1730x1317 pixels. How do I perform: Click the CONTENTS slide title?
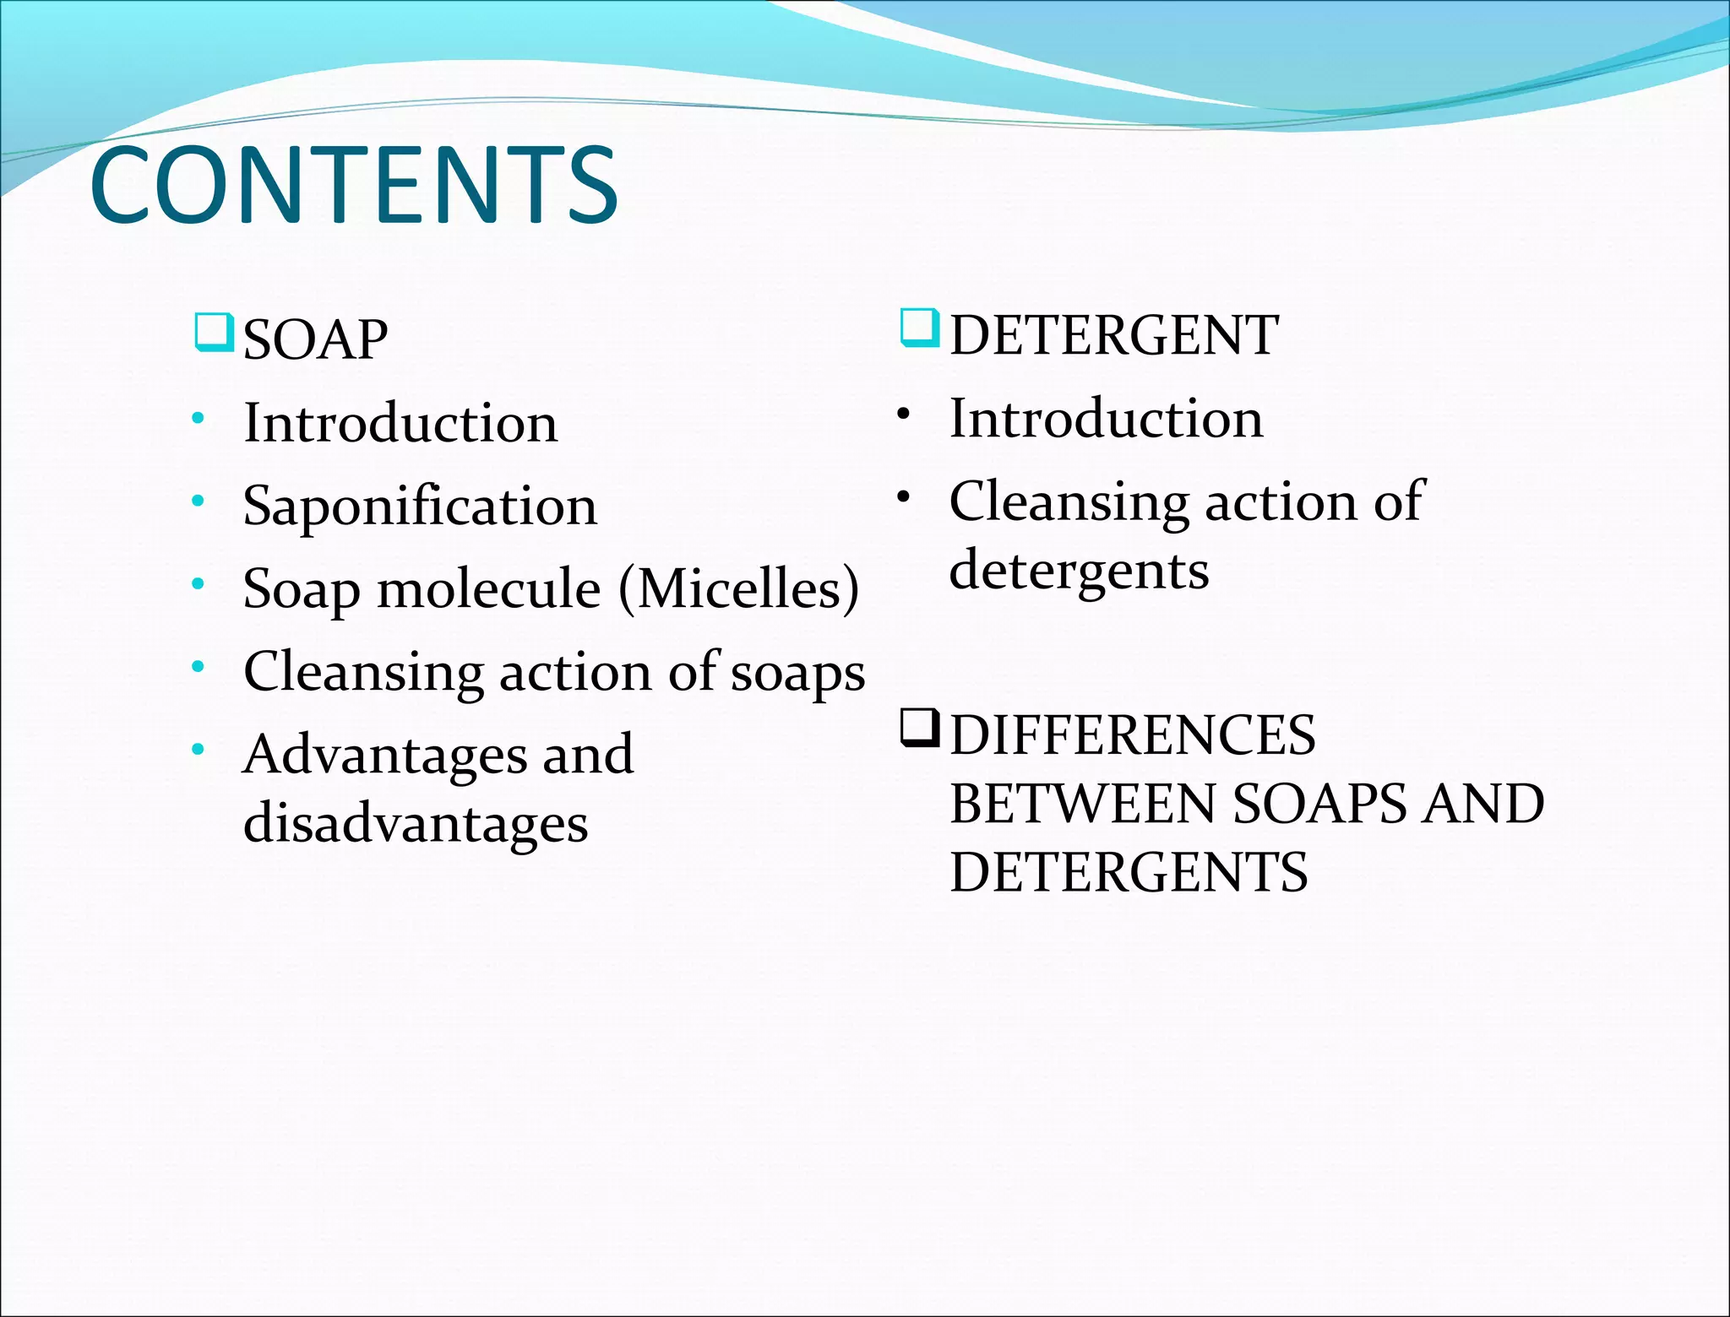pos(355,186)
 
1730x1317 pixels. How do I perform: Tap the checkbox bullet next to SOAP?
pos(214,332)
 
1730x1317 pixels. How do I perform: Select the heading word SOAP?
pos(315,340)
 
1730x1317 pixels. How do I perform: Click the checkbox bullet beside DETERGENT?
pos(919,328)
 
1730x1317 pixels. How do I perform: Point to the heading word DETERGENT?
pos(1113,336)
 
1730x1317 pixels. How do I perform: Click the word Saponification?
pos(420,507)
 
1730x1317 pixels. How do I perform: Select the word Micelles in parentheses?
pos(739,588)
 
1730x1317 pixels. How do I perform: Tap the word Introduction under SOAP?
pos(400,423)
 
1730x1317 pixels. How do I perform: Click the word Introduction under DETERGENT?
pos(1106,419)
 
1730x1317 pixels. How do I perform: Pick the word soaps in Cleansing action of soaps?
pos(797,673)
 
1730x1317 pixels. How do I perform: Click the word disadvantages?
pos(416,824)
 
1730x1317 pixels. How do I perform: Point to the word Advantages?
pos(385,755)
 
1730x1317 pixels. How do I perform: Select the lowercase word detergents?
pos(1079,572)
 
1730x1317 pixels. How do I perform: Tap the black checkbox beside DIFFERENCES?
pos(919,728)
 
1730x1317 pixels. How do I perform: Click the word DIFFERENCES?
pos(1132,735)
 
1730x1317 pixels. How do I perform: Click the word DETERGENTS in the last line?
pos(1129,873)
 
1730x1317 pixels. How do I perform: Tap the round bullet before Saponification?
pos(198,501)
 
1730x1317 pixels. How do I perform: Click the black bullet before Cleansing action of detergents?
pos(904,496)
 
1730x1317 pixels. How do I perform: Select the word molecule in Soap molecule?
pos(488,588)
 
